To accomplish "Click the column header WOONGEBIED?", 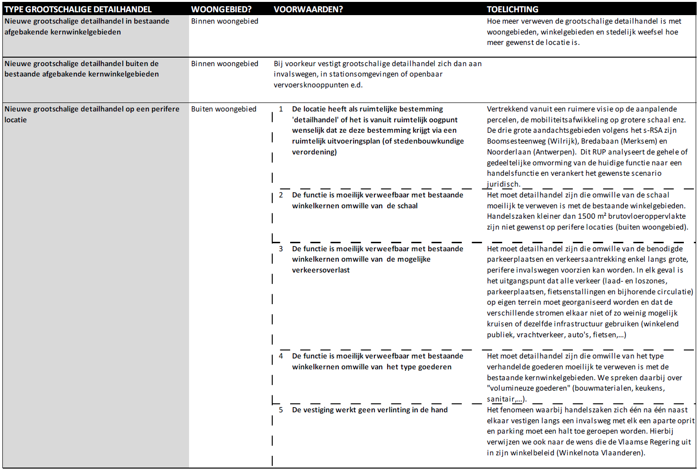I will (221, 9).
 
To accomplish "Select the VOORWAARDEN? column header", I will (308, 9).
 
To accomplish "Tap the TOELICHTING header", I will (512, 9).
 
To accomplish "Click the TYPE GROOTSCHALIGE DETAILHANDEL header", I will (78, 9).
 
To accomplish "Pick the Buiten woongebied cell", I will (224, 109).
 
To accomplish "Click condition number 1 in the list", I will (281, 109).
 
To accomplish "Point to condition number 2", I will (281, 195).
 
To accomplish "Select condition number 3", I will (281, 249).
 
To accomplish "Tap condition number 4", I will (281, 356).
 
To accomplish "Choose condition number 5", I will (281, 410).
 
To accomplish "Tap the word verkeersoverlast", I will (321, 270).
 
